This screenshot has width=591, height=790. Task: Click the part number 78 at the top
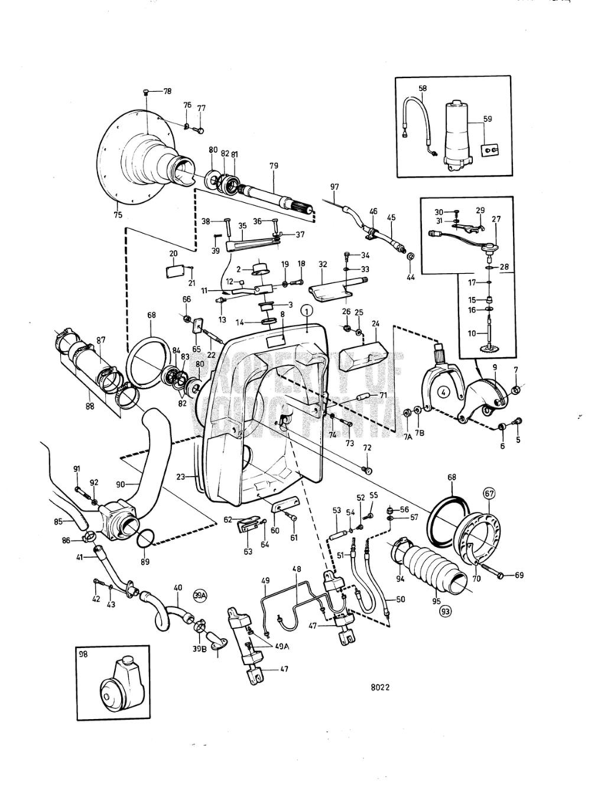pyautogui.click(x=167, y=92)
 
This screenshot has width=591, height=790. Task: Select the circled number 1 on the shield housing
pyautogui.click(x=306, y=311)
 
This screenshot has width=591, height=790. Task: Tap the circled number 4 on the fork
pyautogui.click(x=444, y=391)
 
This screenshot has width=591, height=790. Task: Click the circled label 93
pyautogui.click(x=446, y=611)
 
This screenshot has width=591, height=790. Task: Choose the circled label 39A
pyautogui.click(x=201, y=596)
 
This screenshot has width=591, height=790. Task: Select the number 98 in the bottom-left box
pyautogui.click(x=84, y=653)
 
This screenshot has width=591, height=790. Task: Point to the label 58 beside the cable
pyautogui.click(x=422, y=89)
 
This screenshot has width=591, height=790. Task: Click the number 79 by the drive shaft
pyautogui.click(x=273, y=166)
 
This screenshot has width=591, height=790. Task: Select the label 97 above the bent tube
pyautogui.click(x=334, y=187)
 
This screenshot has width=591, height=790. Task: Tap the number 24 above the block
pyautogui.click(x=376, y=324)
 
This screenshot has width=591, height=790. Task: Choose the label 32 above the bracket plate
pyautogui.click(x=323, y=264)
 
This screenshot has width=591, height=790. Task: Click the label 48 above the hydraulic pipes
pyautogui.click(x=296, y=570)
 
